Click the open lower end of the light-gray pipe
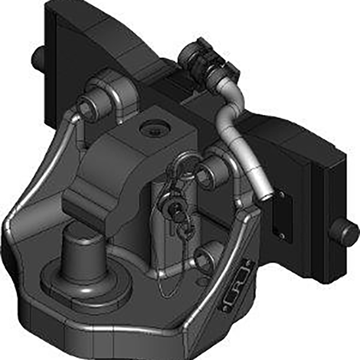[x=264, y=197]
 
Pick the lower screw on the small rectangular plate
[x=281, y=235]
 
